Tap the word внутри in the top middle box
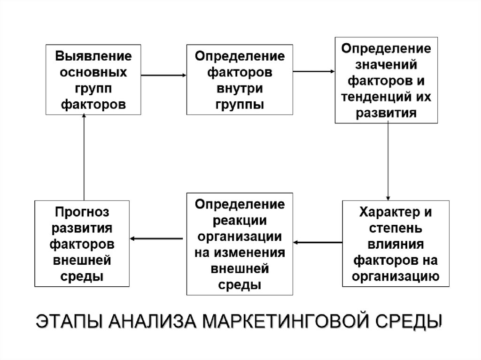point(240,89)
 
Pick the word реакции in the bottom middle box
point(240,220)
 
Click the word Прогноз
point(82,212)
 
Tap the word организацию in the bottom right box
point(396,276)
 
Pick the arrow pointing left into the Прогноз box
point(156,239)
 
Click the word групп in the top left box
point(94,89)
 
